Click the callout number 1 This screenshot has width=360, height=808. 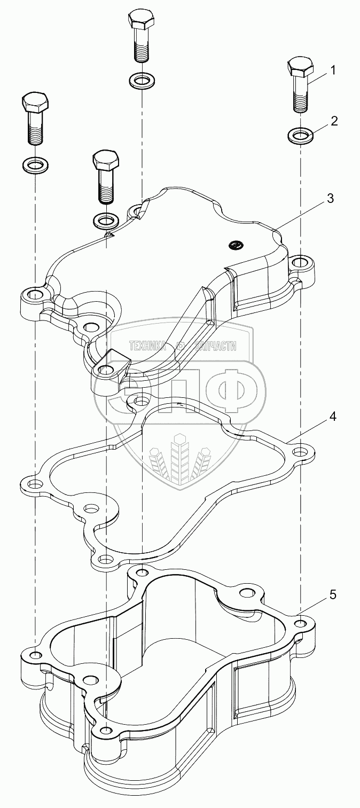(333, 70)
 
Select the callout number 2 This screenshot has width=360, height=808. (334, 121)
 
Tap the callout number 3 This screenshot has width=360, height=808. (331, 198)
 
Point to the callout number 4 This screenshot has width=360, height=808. (333, 417)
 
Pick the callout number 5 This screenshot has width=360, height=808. (333, 594)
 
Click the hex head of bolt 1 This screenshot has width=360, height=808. (301, 66)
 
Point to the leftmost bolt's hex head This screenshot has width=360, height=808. (35, 101)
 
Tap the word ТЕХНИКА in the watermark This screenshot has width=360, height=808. (147, 346)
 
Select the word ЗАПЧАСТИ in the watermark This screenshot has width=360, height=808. (215, 346)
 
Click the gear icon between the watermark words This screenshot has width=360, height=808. (181, 346)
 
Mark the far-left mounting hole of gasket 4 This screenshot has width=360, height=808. (35, 484)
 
